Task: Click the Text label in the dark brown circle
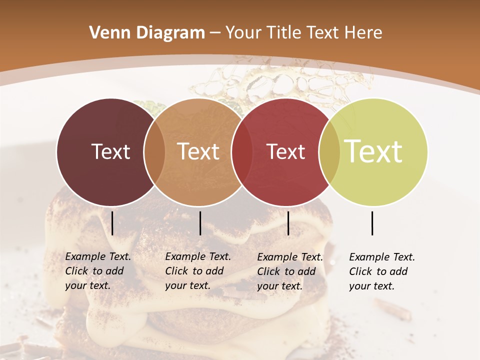click(x=110, y=151)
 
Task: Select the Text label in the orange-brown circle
click(x=198, y=151)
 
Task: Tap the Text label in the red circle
click(x=285, y=151)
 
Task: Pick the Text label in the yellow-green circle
click(x=373, y=151)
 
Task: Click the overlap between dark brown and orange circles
click(x=154, y=152)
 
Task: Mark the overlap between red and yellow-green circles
click(x=329, y=152)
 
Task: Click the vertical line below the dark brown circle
click(x=112, y=223)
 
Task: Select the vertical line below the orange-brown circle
click(x=200, y=223)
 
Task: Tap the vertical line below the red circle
click(x=288, y=223)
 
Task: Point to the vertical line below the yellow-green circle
click(x=372, y=223)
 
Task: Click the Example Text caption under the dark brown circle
click(x=97, y=271)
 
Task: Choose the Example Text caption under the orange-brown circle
click(x=197, y=271)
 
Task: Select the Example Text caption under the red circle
click(x=289, y=271)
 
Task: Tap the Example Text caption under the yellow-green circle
click(x=381, y=271)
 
